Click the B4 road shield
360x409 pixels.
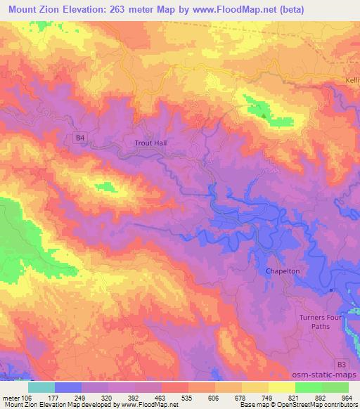click(x=81, y=138)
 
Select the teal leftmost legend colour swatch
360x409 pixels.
click(x=41, y=387)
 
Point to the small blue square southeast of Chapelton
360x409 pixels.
click(x=331, y=289)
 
